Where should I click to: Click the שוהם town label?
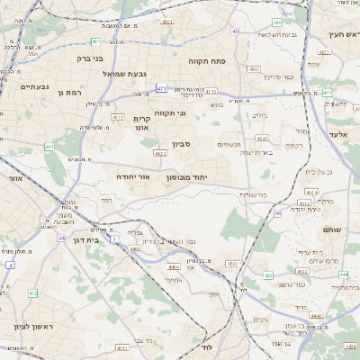330,229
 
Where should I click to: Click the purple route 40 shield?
236,31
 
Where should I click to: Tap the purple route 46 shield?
277,213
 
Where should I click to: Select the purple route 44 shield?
61,238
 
